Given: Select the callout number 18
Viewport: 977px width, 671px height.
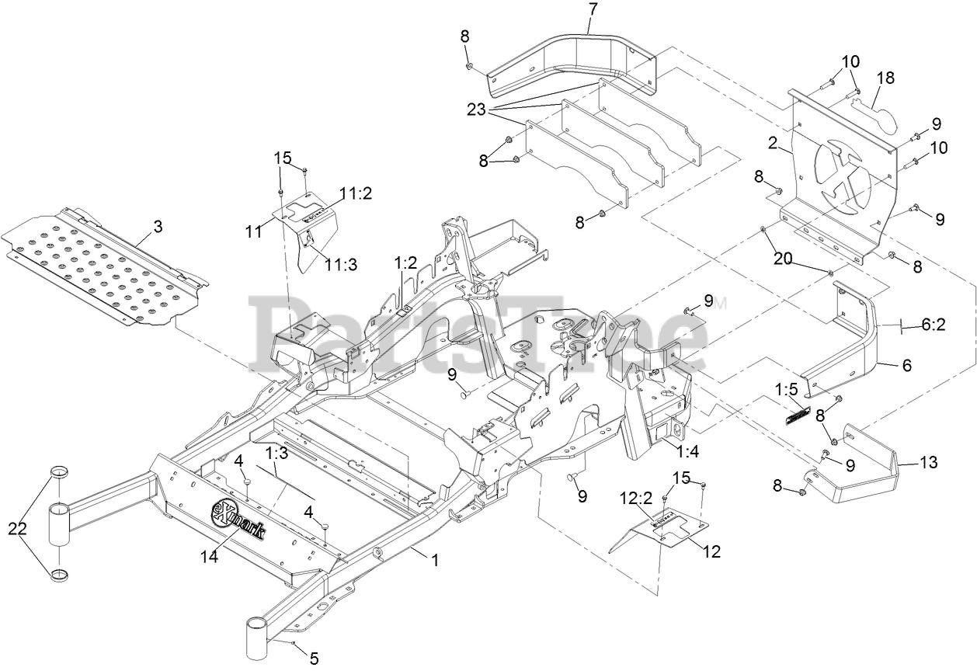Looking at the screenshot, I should pos(886,78).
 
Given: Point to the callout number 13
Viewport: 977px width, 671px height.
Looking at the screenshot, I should pos(928,463).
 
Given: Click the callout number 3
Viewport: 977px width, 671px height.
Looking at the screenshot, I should pos(158,227).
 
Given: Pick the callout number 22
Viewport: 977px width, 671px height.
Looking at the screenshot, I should pos(18,529).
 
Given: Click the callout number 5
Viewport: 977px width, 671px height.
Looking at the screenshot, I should pos(314,659).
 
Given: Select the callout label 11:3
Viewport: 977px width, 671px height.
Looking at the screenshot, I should pos(341,265).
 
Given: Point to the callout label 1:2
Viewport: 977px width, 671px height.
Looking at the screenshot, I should pos(405,262).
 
